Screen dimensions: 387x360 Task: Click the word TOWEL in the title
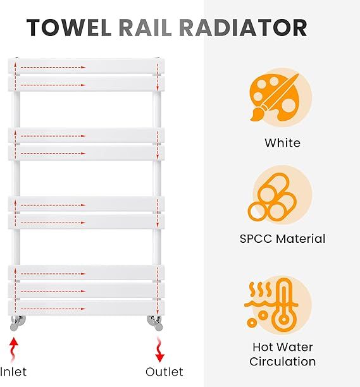[x=70, y=27]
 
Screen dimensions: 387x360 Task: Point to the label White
[x=282, y=143]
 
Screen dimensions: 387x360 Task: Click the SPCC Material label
[x=282, y=239]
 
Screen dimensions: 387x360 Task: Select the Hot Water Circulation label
[x=282, y=354]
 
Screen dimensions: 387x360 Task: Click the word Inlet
[x=14, y=371]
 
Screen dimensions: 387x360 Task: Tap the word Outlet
[x=164, y=371]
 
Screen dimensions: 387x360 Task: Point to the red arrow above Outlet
[x=159, y=349]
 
